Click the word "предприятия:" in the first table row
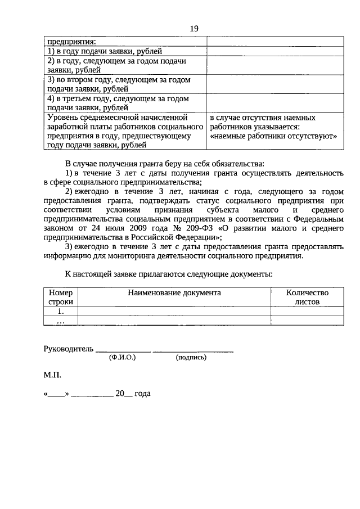(x=71, y=41)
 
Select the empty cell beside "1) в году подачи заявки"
(x=274, y=51)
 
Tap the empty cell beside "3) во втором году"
(x=274, y=84)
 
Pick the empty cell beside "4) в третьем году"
(x=274, y=103)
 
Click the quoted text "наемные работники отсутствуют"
(x=273, y=136)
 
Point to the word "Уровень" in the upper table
(x=62, y=118)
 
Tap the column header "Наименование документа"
(x=174, y=292)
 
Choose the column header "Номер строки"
(x=61, y=297)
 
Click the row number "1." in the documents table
(x=61, y=311)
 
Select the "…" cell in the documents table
(x=61, y=321)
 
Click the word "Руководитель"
(x=68, y=348)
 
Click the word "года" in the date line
(x=143, y=395)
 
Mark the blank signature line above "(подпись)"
(x=193, y=350)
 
